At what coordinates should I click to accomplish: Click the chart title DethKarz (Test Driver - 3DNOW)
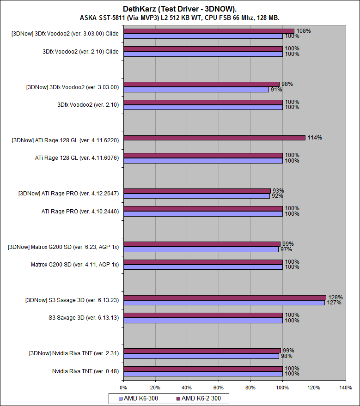pyautogui.click(x=180, y=9)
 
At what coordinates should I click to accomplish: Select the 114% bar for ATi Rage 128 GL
pyautogui.click(x=214, y=138)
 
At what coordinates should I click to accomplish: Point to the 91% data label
pyautogui.click(x=276, y=90)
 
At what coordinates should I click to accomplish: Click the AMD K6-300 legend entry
pyautogui.click(x=139, y=398)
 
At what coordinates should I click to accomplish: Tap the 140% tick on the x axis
pyautogui.click(x=345, y=388)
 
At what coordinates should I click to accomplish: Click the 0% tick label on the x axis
pyautogui.click(x=123, y=388)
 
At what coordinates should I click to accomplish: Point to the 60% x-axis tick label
pyautogui.click(x=219, y=388)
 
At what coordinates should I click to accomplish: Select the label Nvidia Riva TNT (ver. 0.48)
pyautogui.click(x=85, y=371)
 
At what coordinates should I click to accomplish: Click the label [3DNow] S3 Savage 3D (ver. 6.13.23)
pyautogui.click(x=72, y=300)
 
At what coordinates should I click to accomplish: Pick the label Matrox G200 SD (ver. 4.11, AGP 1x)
pyautogui.click(x=75, y=265)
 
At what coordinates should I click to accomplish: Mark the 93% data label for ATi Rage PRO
pyautogui.click(x=278, y=191)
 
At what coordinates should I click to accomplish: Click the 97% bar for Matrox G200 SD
pyautogui.click(x=201, y=249)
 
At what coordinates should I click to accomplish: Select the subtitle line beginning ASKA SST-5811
pyautogui.click(x=180, y=18)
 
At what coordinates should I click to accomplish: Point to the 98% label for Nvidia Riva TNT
pyautogui.click(x=287, y=356)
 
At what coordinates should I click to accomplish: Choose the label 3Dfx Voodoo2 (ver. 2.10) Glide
pyautogui.click(x=80, y=51)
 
